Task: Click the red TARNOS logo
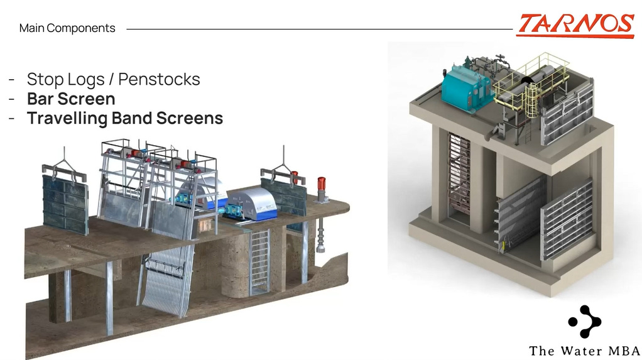pos(575,25)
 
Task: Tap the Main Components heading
pos(67,28)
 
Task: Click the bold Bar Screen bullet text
pos(71,99)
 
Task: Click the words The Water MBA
pos(584,351)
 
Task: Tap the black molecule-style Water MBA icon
pos(584,322)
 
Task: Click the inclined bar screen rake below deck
pos(165,276)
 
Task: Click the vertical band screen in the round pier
pos(259,261)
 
